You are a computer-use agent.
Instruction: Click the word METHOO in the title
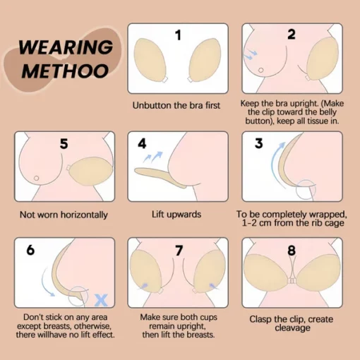pos(64,71)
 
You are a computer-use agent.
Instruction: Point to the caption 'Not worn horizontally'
pos(64,215)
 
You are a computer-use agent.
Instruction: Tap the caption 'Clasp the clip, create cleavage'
pos(292,324)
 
